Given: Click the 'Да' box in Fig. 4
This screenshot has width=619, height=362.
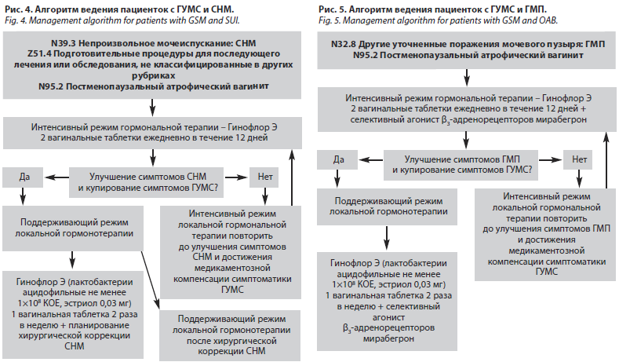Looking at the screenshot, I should (25, 175).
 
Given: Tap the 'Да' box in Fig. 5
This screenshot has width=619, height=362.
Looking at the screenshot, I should (340, 160).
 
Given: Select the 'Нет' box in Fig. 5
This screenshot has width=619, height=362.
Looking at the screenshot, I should (580, 160).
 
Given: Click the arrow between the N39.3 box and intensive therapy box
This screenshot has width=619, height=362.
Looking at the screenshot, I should (151, 107).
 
